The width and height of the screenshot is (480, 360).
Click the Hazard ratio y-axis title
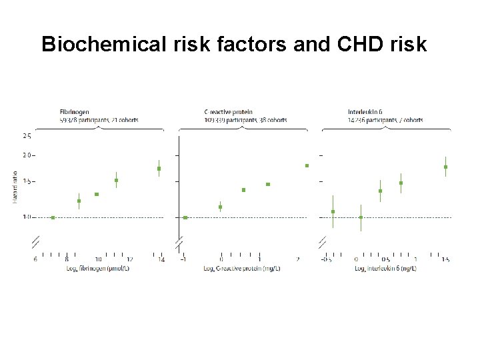pos(15,186)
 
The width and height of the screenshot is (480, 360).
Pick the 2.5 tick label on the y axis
pos(27,135)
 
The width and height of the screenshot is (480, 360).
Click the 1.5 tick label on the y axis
pos(27,181)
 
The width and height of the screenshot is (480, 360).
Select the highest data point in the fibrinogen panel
pos(159,169)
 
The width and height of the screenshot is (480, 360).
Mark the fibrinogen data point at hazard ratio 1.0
pos(53,217)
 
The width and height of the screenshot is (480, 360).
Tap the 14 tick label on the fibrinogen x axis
pos(161,259)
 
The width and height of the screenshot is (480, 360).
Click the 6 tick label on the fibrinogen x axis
pos(35,259)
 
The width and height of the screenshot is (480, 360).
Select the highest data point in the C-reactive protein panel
pos(307,165)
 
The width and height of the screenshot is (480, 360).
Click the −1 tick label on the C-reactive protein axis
pos(183,259)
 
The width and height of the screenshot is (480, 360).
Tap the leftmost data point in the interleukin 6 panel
pos(333,211)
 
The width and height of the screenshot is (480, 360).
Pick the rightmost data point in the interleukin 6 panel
pos(445,167)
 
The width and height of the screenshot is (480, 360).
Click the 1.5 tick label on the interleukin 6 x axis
pos(445,259)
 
